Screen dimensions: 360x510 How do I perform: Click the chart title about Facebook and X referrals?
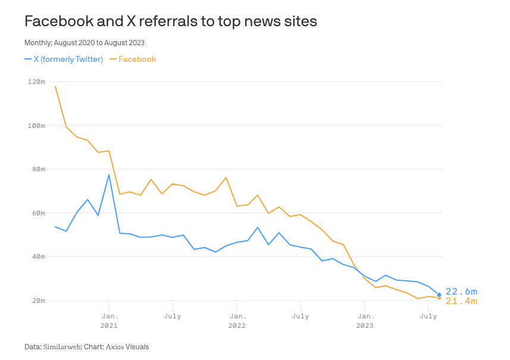pyautogui.click(x=170, y=21)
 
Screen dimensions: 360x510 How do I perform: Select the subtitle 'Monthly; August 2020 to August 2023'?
pyautogui.click(x=84, y=43)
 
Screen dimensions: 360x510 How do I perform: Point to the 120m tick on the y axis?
pyautogui.click(x=36, y=82)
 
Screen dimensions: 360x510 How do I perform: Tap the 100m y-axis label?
pyautogui.click(x=36, y=126)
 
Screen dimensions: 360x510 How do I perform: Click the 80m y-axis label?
pyautogui.click(x=38, y=169)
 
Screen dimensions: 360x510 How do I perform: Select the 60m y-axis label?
pyautogui.click(x=38, y=213)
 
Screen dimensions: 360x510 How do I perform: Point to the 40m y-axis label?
pyautogui.click(x=38, y=256)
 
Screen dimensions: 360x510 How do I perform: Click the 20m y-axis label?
pyautogui.click(x=38, y=300)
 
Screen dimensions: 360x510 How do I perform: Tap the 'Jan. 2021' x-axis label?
pyautogui.click(x=109, y=321)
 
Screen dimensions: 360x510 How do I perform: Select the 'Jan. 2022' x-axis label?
pyautogui.click(x=237, y=321)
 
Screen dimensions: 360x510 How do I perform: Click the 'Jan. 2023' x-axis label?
pyautogui.click(x=365, y=321)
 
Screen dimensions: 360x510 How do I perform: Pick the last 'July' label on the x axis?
pyautogui.click(x=428, y=316)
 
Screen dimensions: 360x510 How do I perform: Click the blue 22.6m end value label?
pyautogui.click(x=461, y=292)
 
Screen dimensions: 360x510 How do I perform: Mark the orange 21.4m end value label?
pyautogui.click(x=461, y=302)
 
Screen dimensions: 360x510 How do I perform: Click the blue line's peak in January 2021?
pyautogui.click(x=109, y=175)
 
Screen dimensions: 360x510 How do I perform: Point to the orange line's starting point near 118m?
pyautogui.click(x=55, y=86)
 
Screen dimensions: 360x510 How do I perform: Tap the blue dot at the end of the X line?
pyautogui.click(x=439, y=295)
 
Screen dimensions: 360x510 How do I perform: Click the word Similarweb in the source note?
pyautogui.click(x=62, y=346)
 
